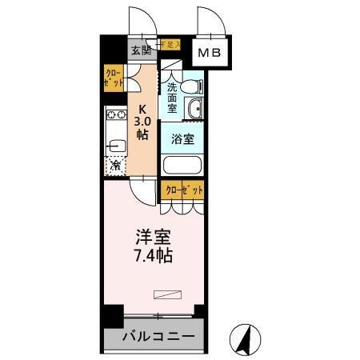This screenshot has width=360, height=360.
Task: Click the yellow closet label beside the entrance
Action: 113,79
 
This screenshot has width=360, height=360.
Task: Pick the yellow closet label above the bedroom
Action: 183,190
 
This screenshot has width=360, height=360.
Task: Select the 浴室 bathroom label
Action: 182,138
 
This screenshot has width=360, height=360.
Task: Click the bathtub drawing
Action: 182,166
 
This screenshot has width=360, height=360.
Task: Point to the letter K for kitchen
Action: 142,110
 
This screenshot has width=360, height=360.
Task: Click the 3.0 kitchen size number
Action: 142,122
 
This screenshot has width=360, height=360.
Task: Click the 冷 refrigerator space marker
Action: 115,167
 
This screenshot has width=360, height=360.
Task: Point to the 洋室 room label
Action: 154,238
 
